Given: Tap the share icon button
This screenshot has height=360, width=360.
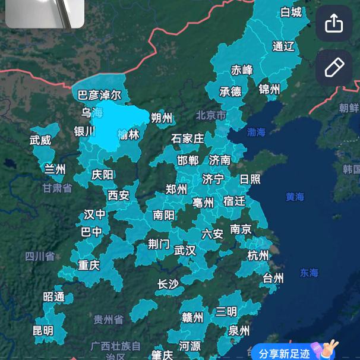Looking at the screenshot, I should (x=334, y=24).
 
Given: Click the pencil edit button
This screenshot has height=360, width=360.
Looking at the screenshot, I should (x=334, y=68).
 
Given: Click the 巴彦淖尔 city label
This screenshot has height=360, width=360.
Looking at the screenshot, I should (x=99, y=94).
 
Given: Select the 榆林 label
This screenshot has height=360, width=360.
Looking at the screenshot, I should (x=128, y=134).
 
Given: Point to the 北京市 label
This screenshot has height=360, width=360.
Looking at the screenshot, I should (x=211, y=115).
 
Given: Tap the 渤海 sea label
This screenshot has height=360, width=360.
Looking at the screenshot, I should (x=257, y=132).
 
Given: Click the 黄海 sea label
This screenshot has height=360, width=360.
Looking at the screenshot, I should (x=295, y=197).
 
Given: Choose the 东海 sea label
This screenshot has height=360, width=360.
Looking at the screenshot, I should (x=309, y=273).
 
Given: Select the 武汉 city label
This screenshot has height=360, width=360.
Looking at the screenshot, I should (x=185, y=251).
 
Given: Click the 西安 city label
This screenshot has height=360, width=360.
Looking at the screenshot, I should (x=118, y=195).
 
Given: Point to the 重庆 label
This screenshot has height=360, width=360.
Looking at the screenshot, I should (x=89, y=265).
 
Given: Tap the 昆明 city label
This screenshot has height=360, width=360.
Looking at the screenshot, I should (x=43, y=330).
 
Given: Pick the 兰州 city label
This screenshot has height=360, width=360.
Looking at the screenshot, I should (x=55, y=169).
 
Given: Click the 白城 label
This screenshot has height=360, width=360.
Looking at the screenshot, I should (x=291, y=12).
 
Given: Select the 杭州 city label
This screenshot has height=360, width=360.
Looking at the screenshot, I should (x=258, y=256).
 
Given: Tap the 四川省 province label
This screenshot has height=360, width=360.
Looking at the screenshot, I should (x=40, y=256).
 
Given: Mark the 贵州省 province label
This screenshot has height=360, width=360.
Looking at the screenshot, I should (x=109, y=320).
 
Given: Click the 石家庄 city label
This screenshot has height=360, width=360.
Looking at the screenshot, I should (x=187, y=138).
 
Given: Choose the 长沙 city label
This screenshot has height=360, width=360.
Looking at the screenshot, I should (x=168, y=284).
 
